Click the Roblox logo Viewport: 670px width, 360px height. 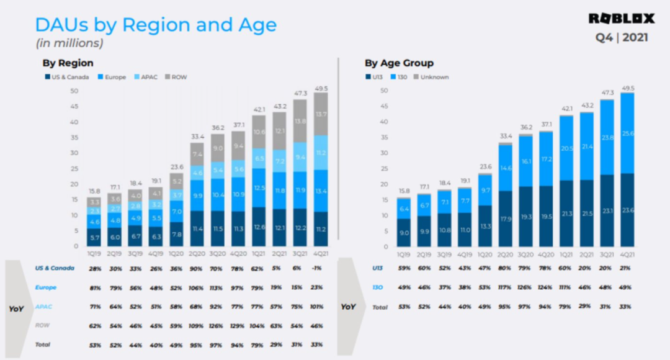[x=621, y=19]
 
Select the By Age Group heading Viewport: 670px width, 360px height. [x=399, y=63]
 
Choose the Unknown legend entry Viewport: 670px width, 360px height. [x=434, y=77]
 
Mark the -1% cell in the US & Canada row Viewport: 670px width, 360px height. [x=317, y=268]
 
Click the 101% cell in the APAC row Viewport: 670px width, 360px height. [x=317, y=306]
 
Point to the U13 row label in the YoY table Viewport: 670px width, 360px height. [x=378, y=268]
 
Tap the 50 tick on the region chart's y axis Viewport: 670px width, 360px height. [x=74, y=91]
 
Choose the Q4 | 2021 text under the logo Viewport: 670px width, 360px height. [x=622, y=38]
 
